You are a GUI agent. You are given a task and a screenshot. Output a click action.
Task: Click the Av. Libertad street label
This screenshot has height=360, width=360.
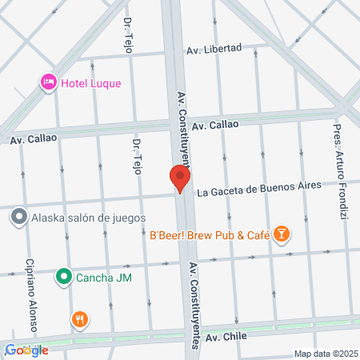(214, 49)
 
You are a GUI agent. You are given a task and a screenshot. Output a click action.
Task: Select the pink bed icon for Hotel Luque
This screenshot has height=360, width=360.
(48, 82)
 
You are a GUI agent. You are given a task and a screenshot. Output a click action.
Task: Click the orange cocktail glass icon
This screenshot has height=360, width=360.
(281, 234)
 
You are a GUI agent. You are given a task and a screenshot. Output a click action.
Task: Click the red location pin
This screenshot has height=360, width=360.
(180, 178)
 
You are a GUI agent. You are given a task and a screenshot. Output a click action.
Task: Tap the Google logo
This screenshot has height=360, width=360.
(26, 350)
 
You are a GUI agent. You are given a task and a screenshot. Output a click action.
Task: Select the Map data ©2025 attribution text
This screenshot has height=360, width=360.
(324, 354)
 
